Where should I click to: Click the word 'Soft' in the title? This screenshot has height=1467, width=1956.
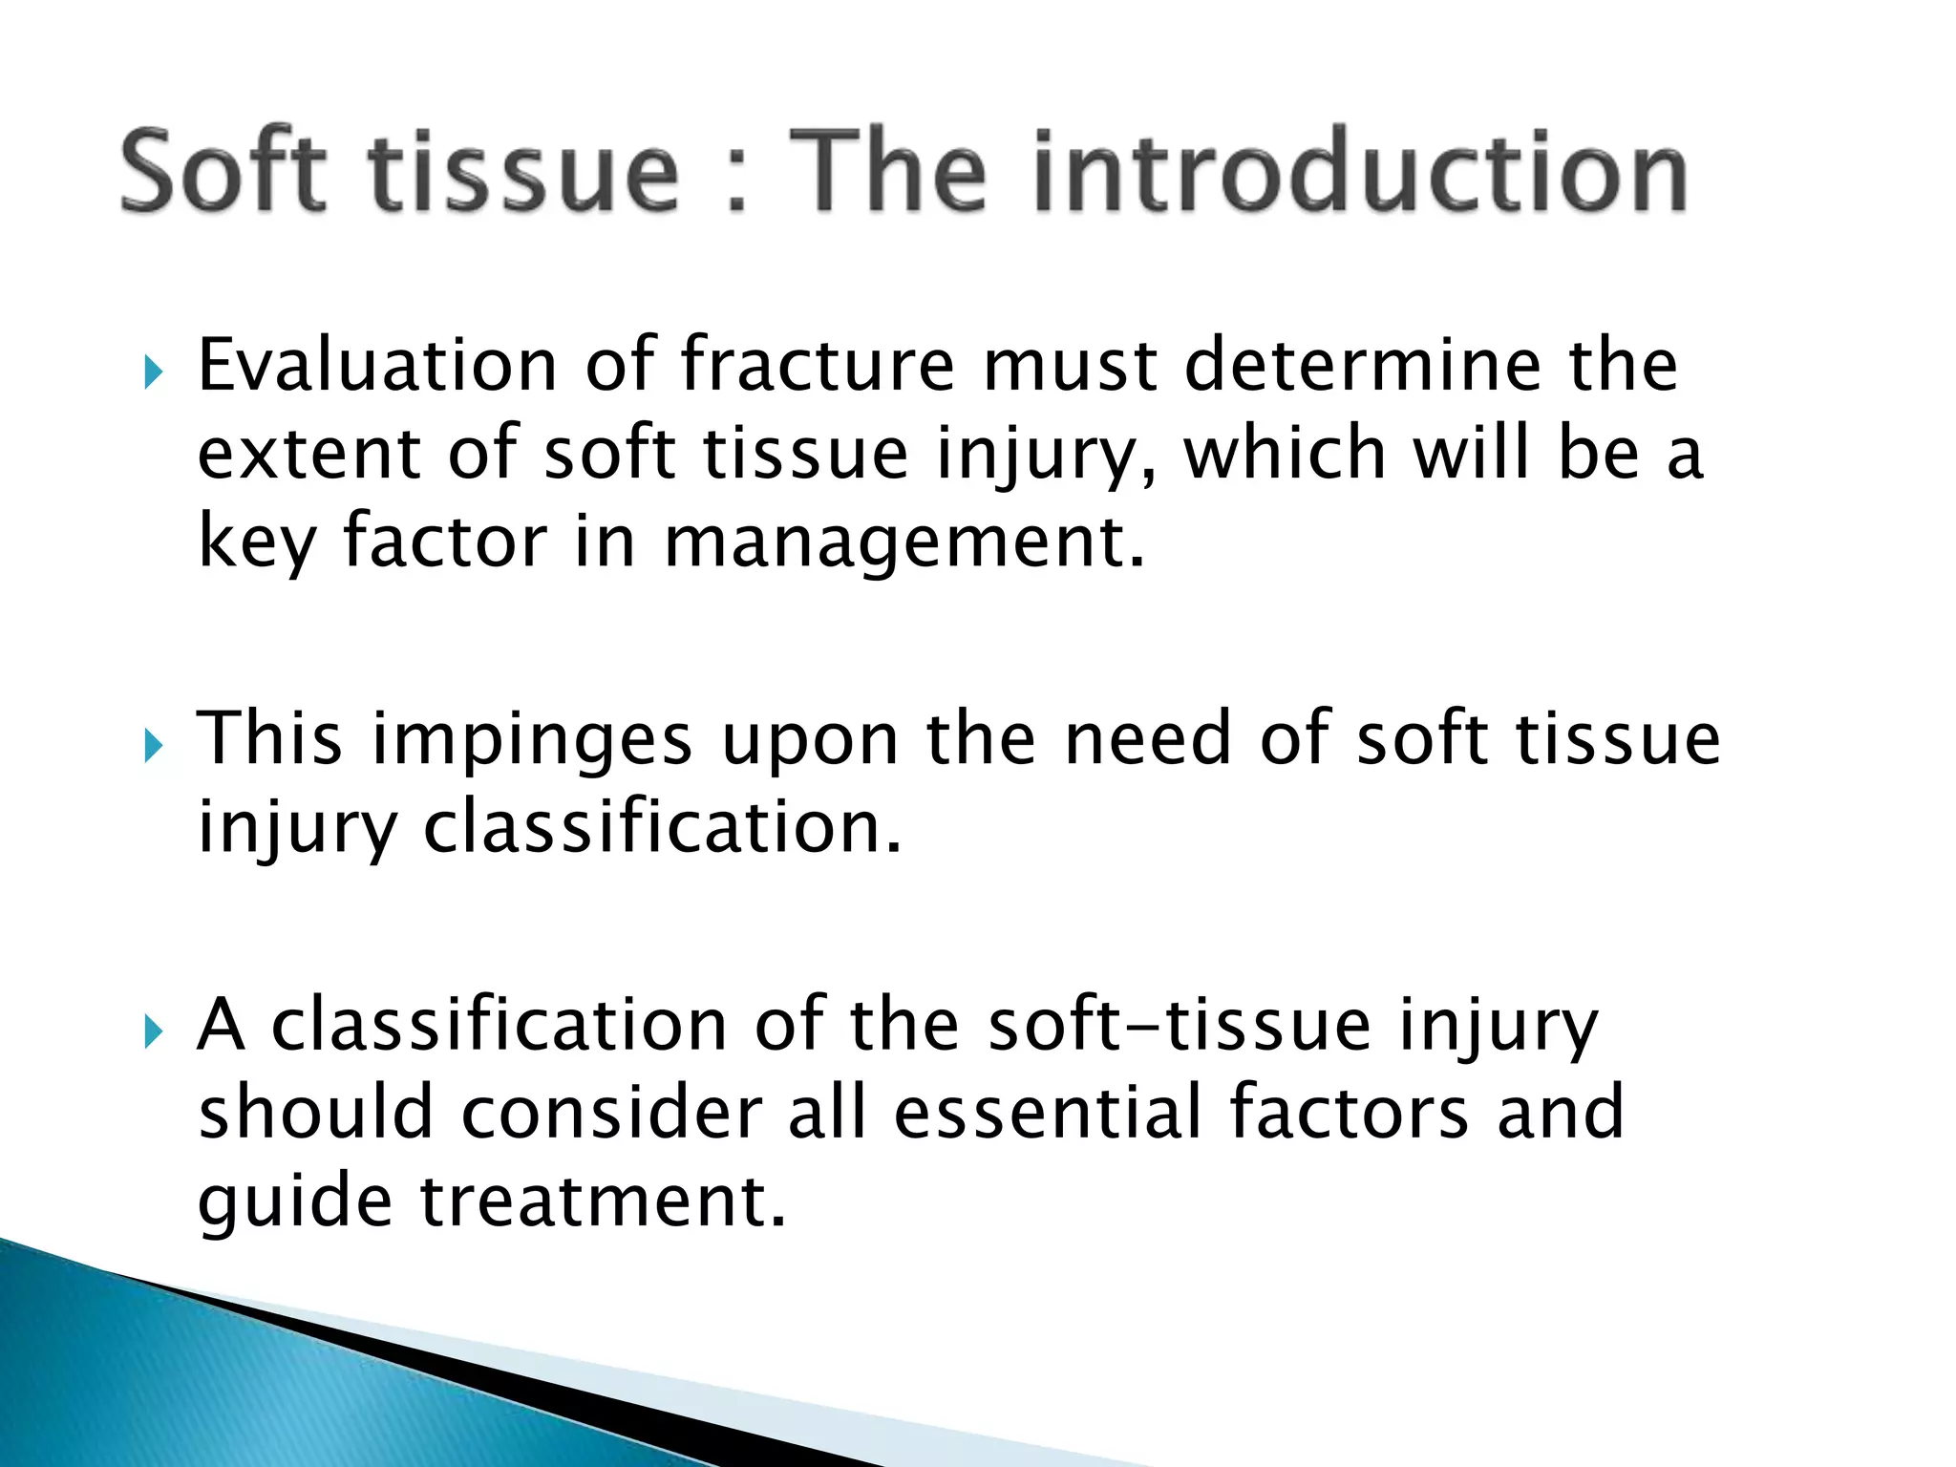click(x=223, y=172)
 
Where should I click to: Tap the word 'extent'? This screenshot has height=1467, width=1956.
click(x=308, y=454)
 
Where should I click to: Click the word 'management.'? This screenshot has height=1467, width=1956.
click(x=904, y=542)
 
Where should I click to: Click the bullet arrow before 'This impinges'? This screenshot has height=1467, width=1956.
click(x=154, y=745)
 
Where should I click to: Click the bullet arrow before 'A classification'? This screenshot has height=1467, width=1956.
click(x=154, y=1031)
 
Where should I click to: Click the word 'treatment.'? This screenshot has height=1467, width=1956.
click(x=604, y=1201)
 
